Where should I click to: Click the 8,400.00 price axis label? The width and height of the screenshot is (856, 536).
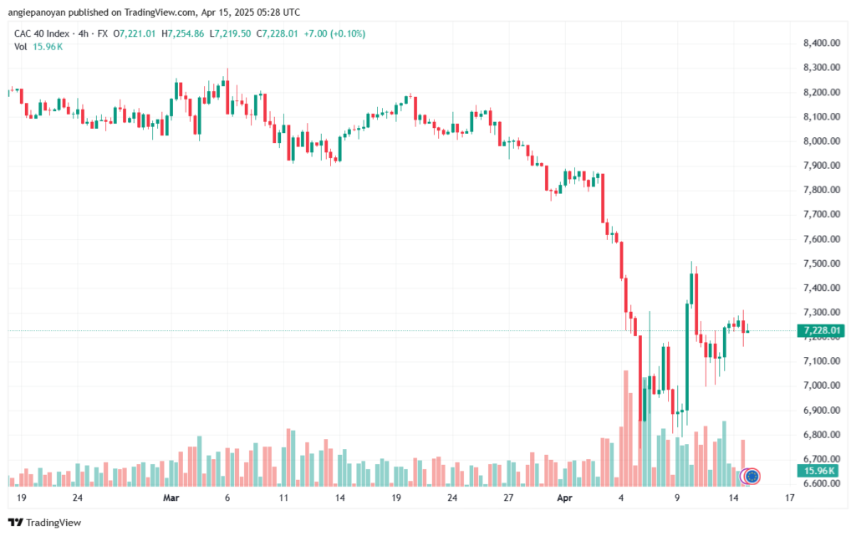click(x=822, y=43)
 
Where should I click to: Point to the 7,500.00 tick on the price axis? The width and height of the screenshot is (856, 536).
click(x=822, y=263)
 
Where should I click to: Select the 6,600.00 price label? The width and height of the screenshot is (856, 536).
click(x=822, y=483)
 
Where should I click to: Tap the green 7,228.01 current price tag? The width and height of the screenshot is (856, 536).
click(x=821, y=330)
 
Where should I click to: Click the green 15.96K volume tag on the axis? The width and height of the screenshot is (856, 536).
click(x=819, y=471)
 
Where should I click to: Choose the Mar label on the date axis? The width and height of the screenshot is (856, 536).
click(x=171, y=498)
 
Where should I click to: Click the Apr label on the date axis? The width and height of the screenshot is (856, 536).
click(x=565, y=498)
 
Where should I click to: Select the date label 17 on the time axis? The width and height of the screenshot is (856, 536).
click(x=789, y=498)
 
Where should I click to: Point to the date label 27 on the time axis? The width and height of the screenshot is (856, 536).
click(x=508, y=498)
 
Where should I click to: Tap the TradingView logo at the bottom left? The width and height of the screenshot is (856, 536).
click(x=45, y=523)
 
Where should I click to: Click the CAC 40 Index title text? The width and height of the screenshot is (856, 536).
click(x=42, y=33)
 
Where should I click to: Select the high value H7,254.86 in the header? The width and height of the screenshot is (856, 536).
click(x=182, y=33)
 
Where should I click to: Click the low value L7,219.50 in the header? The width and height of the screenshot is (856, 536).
click(x=230, y=33)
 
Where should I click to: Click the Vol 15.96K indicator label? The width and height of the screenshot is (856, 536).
click(x=38, y=47)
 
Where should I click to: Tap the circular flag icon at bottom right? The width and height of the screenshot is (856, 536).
click(x=752, y=477)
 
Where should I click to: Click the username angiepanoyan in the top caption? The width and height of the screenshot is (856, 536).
click(x=37, y=12)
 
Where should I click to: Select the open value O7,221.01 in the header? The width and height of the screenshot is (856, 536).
click(x=135, y=33)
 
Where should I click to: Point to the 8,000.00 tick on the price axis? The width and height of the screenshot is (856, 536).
click(x=822, y=140)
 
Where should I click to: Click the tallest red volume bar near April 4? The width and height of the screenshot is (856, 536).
click(x=625, y=428)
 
